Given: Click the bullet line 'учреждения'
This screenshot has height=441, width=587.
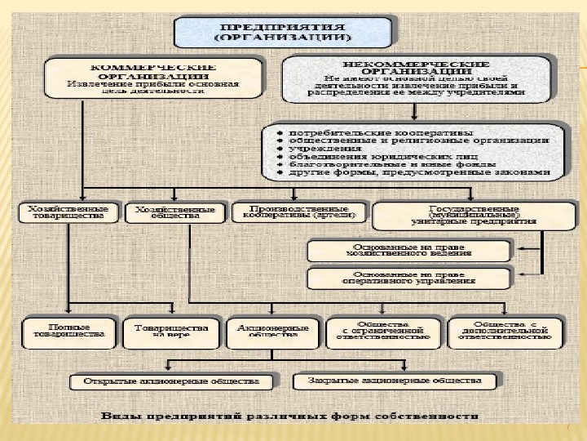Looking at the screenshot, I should pyautogui.click(x=318, y=150).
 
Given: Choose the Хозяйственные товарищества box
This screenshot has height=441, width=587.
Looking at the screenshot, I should pyautogui.click(x=68, y=213).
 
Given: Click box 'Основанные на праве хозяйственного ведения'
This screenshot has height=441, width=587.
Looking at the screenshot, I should pyautogui.click(x=408, y=251).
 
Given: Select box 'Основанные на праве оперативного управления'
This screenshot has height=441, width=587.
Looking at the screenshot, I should pyautogui.click(x=408, y=278).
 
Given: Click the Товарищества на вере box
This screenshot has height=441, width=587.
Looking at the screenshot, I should pyautogui.click(x=171, y=332).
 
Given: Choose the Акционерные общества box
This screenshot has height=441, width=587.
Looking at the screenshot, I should pyautogui.click(x=272, y=332).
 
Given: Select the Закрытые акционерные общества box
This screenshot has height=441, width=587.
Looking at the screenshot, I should pyautogui.click(x=393, y=381).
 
